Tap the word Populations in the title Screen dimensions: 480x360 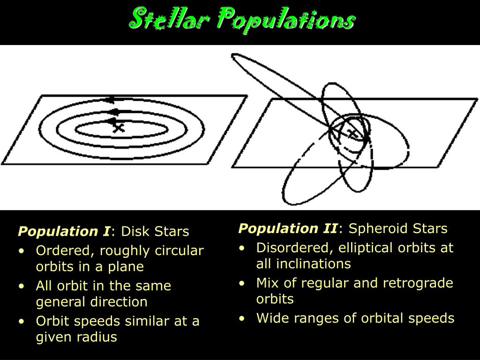[x=286, y=21]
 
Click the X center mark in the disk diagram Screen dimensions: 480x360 [x=119, y=127]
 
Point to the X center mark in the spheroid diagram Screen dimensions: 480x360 [x=352, y=133]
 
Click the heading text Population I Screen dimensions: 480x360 [x=64, y=232]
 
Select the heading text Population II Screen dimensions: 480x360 [x=288, y=229]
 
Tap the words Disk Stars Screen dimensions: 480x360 [x=155, y=232]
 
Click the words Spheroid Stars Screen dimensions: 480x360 [x=398, y=229]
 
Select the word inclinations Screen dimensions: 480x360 [x=314, y=264]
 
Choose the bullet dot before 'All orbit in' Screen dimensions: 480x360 [x=22, y=286]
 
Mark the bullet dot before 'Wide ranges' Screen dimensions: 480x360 [x=242, y=319]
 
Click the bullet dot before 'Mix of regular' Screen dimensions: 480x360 [x=242, y=284]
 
